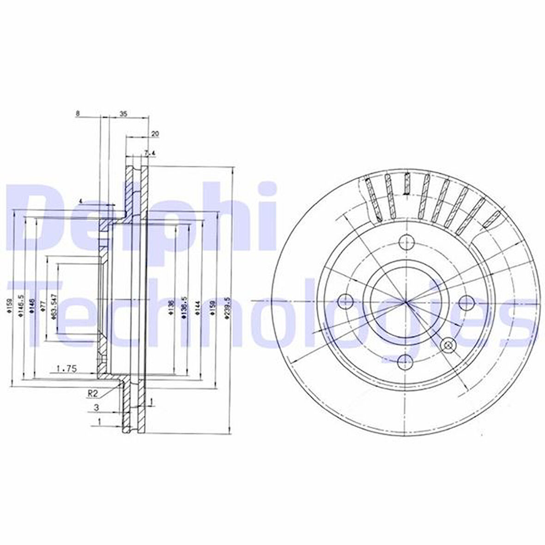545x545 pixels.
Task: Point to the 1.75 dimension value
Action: pyautogui.click(x=66, y=368)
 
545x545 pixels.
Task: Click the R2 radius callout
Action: pyautogui.click(x=92, y=394)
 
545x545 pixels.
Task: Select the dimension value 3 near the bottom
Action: pyautogui.click(x=96, y=407)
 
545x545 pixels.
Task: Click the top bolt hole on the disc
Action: pyautogui.click(x=406, y=242)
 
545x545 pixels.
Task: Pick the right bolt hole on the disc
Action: pyautogui.click(x=466, y=303)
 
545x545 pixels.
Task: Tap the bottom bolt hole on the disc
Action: pyautogui.click(x=405, y=362)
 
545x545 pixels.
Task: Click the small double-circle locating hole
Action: pyautogui.click(x=448, y=345)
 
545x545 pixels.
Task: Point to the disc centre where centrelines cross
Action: pyautogui.click(x=406, y=303)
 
